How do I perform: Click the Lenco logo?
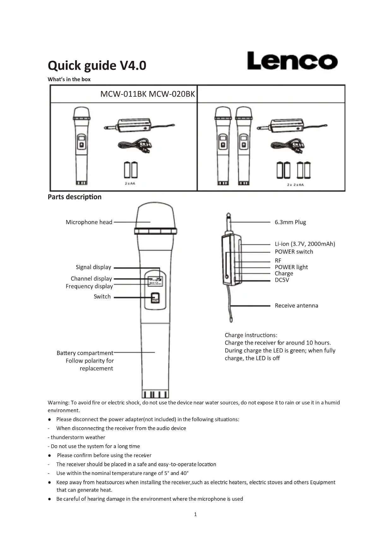(292, 61)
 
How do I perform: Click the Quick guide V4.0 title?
(97, 65)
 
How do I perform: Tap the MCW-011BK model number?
(123, 94)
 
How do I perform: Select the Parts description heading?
(75, 197)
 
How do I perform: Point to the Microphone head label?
(89, 222)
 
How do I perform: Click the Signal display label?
(93, 267)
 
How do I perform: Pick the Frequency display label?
(89, 286)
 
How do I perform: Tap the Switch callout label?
(102, 297)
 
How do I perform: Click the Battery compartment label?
(85, 353)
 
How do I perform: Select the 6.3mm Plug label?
(290, 222)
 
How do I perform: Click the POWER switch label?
(294, 252)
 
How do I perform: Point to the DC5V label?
(282, 280)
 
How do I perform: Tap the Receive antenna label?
(296, 305)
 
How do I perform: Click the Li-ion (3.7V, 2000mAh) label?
(305, 244)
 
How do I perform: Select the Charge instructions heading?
(251, 335)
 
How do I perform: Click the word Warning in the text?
(58, 403)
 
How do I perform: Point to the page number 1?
(195, 515)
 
